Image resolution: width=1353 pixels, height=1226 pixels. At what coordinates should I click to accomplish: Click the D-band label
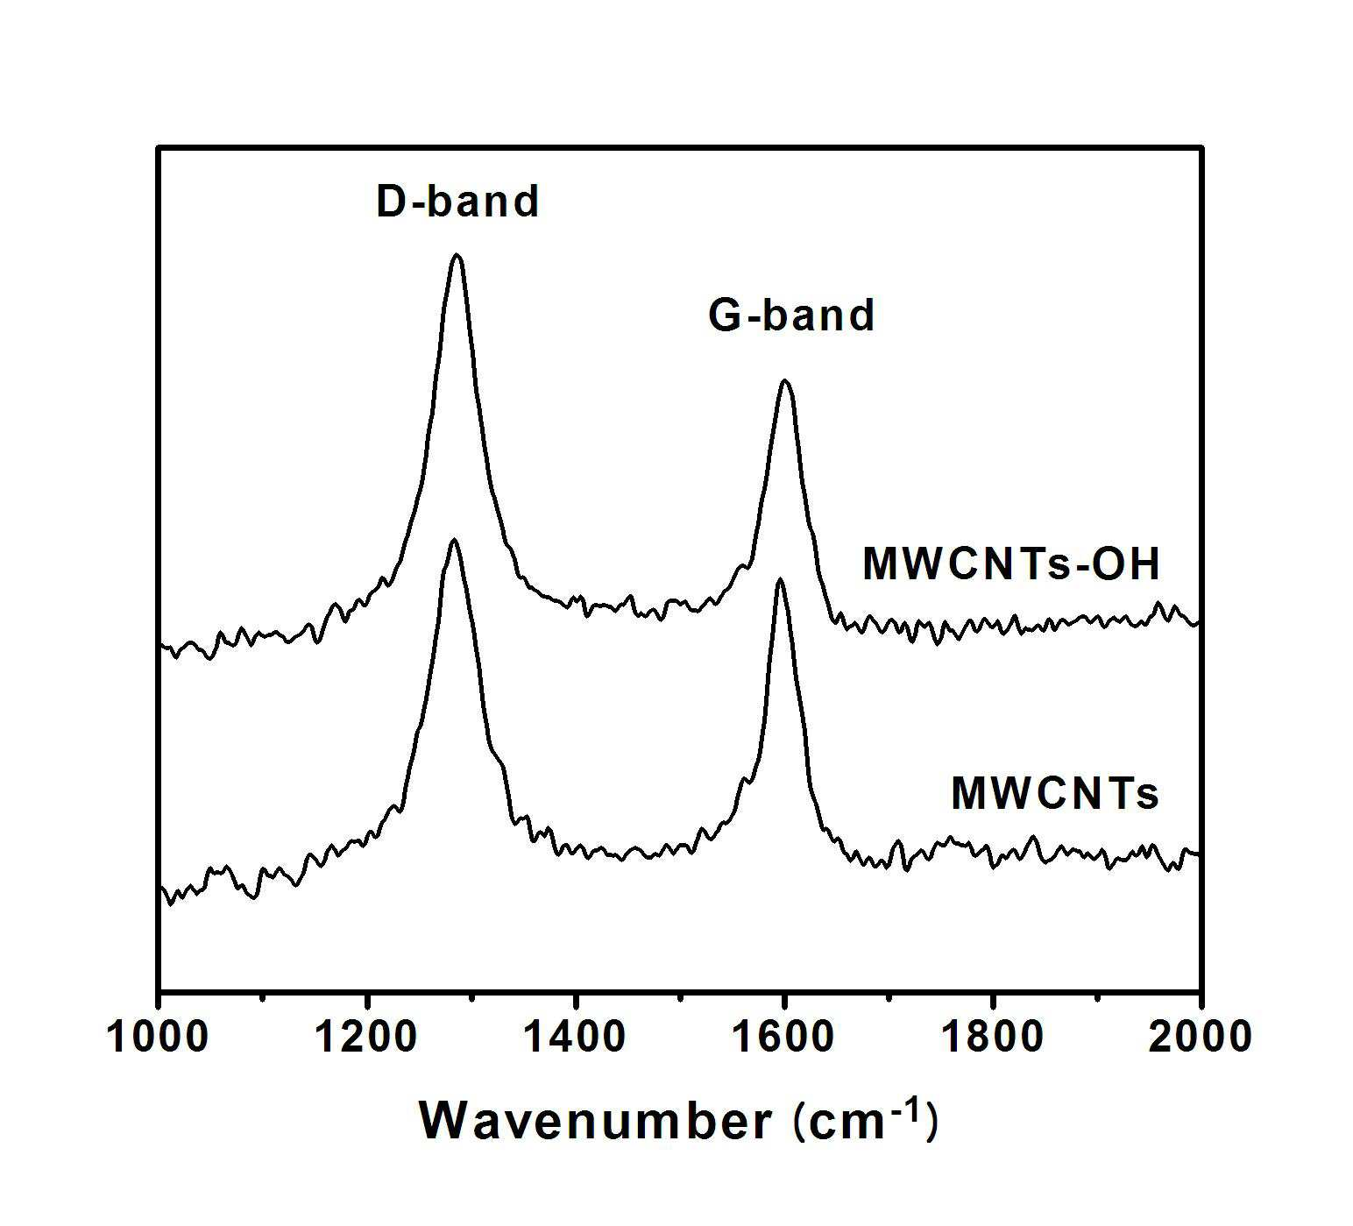click(x=457, y=202)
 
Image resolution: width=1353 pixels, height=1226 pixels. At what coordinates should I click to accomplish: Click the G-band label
click(x=791, y=315)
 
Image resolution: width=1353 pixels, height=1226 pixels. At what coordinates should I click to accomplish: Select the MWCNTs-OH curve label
click(x=1011, y=563)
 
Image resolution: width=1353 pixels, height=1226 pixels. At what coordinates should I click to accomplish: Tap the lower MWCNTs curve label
click(x=1055, y=793)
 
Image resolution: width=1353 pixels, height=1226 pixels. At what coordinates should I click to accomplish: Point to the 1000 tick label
click(x=158, y=1037)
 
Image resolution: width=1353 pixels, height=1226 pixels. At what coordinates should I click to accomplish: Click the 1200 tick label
click(x=367, y=1037)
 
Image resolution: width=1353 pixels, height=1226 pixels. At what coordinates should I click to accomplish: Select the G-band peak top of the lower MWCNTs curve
click(x=779, y=579)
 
